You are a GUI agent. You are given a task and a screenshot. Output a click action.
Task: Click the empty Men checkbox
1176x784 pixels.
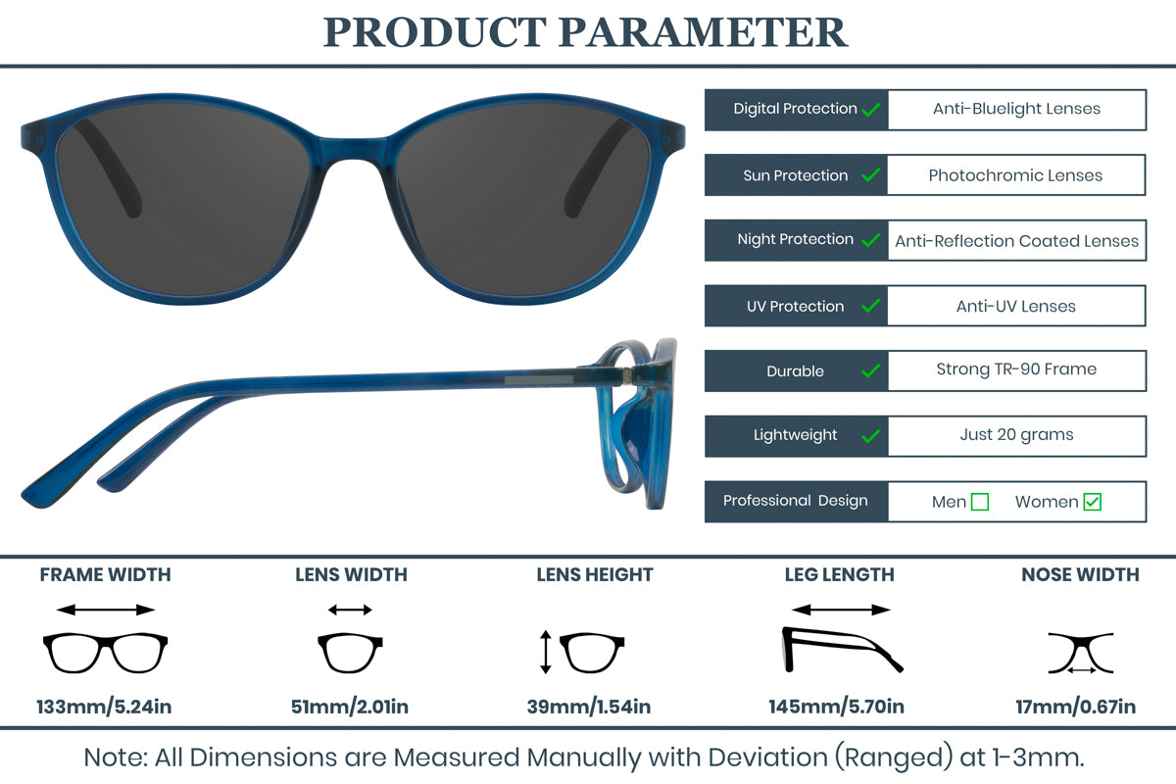pos(979,502)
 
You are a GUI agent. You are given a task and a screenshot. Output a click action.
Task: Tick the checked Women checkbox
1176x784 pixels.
pos(1093,502)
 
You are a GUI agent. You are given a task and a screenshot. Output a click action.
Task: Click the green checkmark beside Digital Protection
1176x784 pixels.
pos(870,110)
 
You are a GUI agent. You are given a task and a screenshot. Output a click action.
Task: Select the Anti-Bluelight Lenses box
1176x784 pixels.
pos(1016,110)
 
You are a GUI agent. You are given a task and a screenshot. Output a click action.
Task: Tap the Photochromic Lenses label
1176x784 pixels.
pos(1015,175)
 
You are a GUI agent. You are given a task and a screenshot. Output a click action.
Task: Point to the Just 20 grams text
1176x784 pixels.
pos(1016,435)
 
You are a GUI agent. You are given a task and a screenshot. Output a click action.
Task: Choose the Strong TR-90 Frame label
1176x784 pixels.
pos(1016,369)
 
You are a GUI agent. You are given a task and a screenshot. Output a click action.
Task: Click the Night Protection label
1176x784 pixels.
pos(795,239)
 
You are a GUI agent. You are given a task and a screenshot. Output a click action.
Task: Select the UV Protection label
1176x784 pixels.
pos(795,307)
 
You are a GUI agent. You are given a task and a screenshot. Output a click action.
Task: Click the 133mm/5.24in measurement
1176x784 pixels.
pos(104,706)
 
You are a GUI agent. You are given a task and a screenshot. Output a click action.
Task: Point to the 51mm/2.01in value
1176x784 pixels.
pos(350,706)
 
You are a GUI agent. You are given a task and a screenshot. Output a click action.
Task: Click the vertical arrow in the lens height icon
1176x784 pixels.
pos(545,653)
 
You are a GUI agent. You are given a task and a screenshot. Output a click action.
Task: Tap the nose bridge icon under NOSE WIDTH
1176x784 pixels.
pos(1080,653)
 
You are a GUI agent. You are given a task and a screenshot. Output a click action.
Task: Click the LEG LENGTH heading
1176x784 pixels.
pos(839,575)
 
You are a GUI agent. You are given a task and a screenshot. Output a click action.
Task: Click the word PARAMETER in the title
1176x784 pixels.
pos(703,32)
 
